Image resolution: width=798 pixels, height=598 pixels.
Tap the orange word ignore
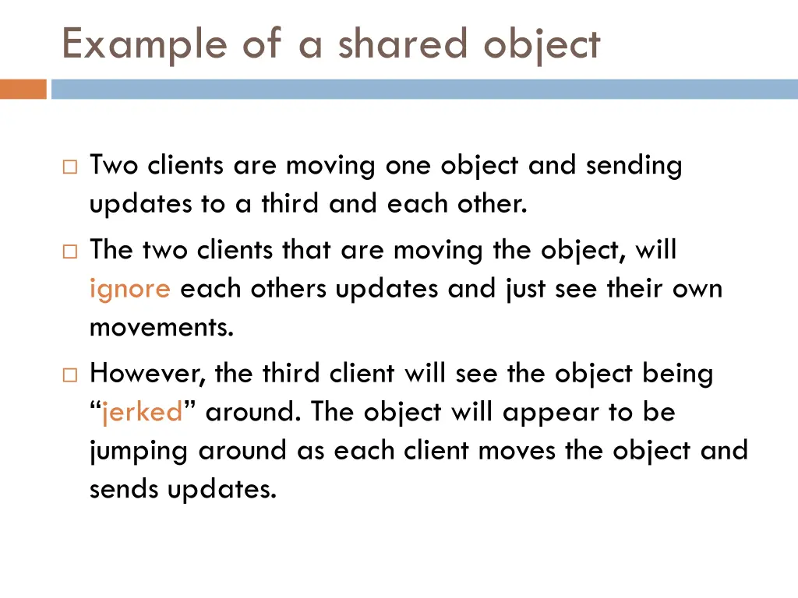click(x=130, y=290)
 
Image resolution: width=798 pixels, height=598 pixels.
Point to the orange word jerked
click(x=143, y=411)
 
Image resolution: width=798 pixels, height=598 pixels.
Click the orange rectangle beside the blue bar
click(x=23, y=90)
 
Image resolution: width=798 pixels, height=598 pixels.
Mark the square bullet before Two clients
click(x=69, y=167)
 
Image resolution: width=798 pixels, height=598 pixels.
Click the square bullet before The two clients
click(x=69, y=252)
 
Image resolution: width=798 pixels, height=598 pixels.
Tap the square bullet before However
click(x=69, y=375)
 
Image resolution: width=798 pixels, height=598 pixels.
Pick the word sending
click(x=634, y=166)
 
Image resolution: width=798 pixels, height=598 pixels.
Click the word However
click(x=147, y=375)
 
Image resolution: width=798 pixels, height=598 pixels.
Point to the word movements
click(x=161, y=328)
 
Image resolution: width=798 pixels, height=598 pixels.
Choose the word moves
click(x=520, y=451)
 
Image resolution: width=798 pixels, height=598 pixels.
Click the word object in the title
click(x=542, y=44)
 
